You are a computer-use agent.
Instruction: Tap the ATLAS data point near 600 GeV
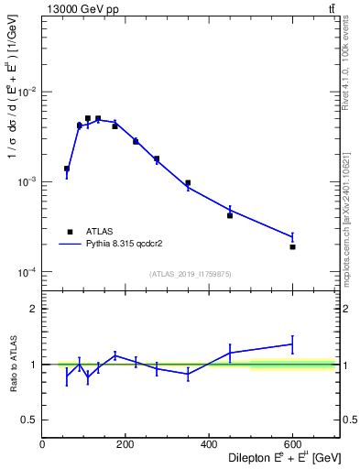pos(292,246)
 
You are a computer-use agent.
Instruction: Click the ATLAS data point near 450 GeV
pos(230,215)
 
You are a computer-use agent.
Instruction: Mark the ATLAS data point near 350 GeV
pos(188,183)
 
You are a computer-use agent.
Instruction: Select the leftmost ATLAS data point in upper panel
pos(67,169)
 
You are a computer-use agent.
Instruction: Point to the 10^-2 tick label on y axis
pos(27,93)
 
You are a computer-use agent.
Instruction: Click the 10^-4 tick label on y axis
pos(27,273)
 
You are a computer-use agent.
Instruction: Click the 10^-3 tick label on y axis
pos(27,182)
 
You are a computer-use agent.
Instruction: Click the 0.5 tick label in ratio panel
pos(29,420)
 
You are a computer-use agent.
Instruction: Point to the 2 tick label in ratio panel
pos(34,309)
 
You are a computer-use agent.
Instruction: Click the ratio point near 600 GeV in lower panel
pos(292,344)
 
